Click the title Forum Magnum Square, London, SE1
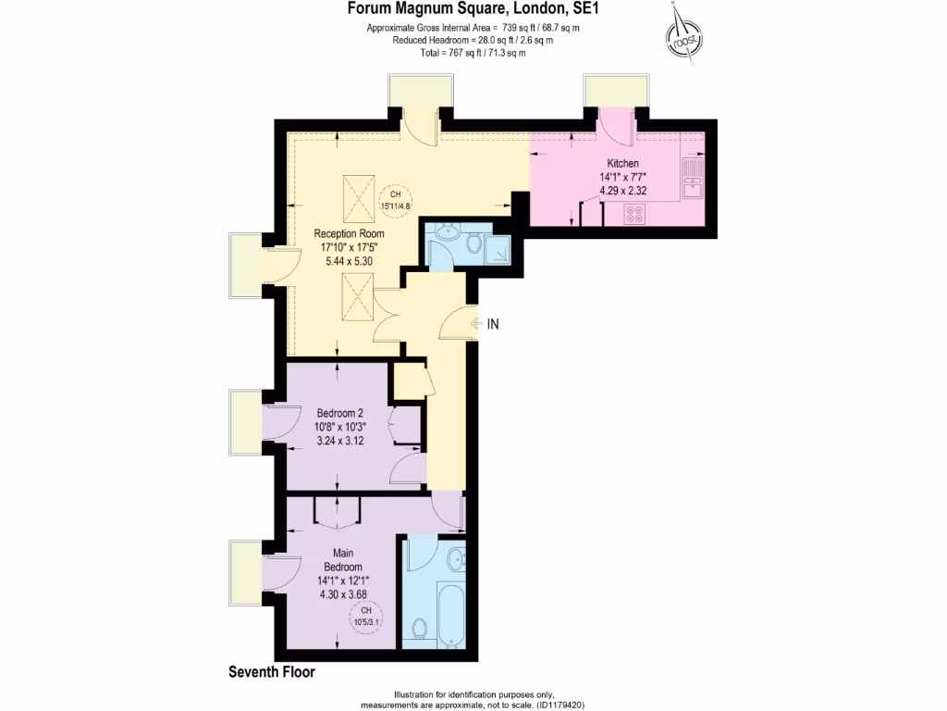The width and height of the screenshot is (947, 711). (473, 10)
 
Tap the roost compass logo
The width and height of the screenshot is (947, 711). (683, 36)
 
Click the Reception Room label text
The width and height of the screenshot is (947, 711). (348, 233)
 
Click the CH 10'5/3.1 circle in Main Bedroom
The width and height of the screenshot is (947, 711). (365, 616)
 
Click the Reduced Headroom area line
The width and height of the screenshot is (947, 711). (473, 41)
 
